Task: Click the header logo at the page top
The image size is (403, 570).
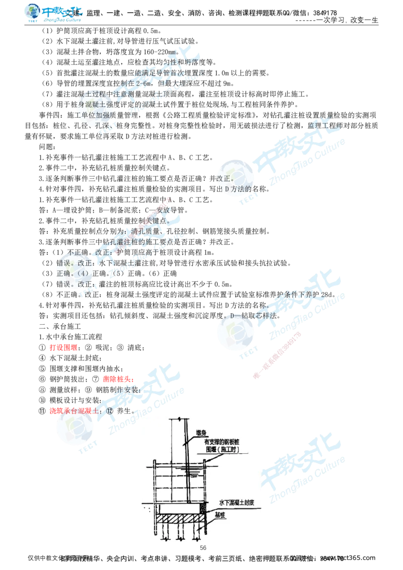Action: (x=54, y=14)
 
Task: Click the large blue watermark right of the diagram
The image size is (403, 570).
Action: (x=302, y=468)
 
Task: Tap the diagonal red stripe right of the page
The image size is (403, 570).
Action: (x=277, y=354)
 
